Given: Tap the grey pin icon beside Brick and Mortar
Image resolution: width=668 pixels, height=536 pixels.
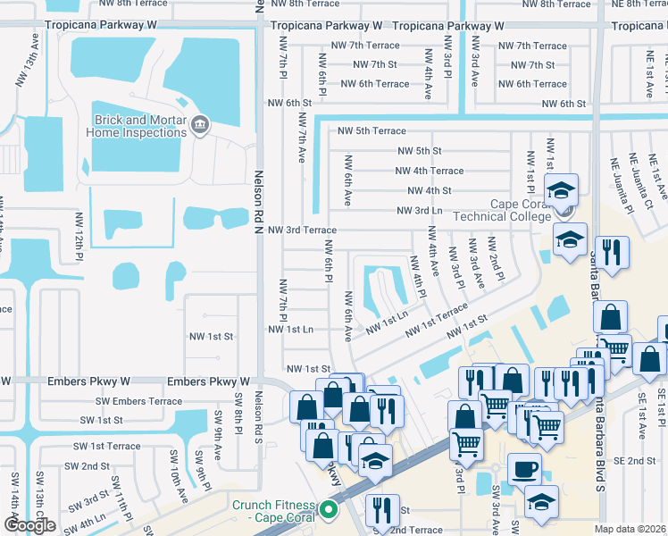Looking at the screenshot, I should pos(200,127).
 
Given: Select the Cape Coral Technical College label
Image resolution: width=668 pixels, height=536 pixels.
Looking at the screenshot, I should pos(501,210).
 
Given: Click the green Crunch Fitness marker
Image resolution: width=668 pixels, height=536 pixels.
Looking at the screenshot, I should pos(328,510).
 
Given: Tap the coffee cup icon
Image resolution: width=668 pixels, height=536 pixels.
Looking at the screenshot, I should pos(524,469).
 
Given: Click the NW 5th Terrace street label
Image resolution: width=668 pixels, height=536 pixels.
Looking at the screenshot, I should pos(372,131).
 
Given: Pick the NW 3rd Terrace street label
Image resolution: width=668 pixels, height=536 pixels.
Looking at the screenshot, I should pos(303,230).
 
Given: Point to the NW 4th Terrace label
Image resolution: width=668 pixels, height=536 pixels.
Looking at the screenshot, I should pos(430,171).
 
